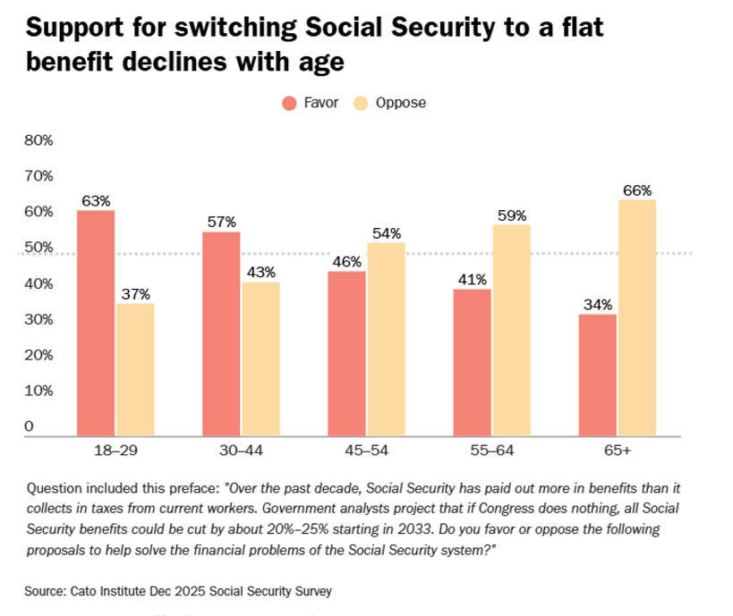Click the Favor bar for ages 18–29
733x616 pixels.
95,323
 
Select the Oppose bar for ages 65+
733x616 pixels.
637,317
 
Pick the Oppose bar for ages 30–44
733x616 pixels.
260,359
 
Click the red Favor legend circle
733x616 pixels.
289,103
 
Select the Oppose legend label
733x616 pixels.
402,103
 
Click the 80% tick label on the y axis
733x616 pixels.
38,140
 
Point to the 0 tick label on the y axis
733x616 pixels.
29,426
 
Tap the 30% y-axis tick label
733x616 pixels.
38,319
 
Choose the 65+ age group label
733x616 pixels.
617,451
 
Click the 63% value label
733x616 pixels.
95,200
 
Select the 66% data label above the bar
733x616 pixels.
637,190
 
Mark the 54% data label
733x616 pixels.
386,233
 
